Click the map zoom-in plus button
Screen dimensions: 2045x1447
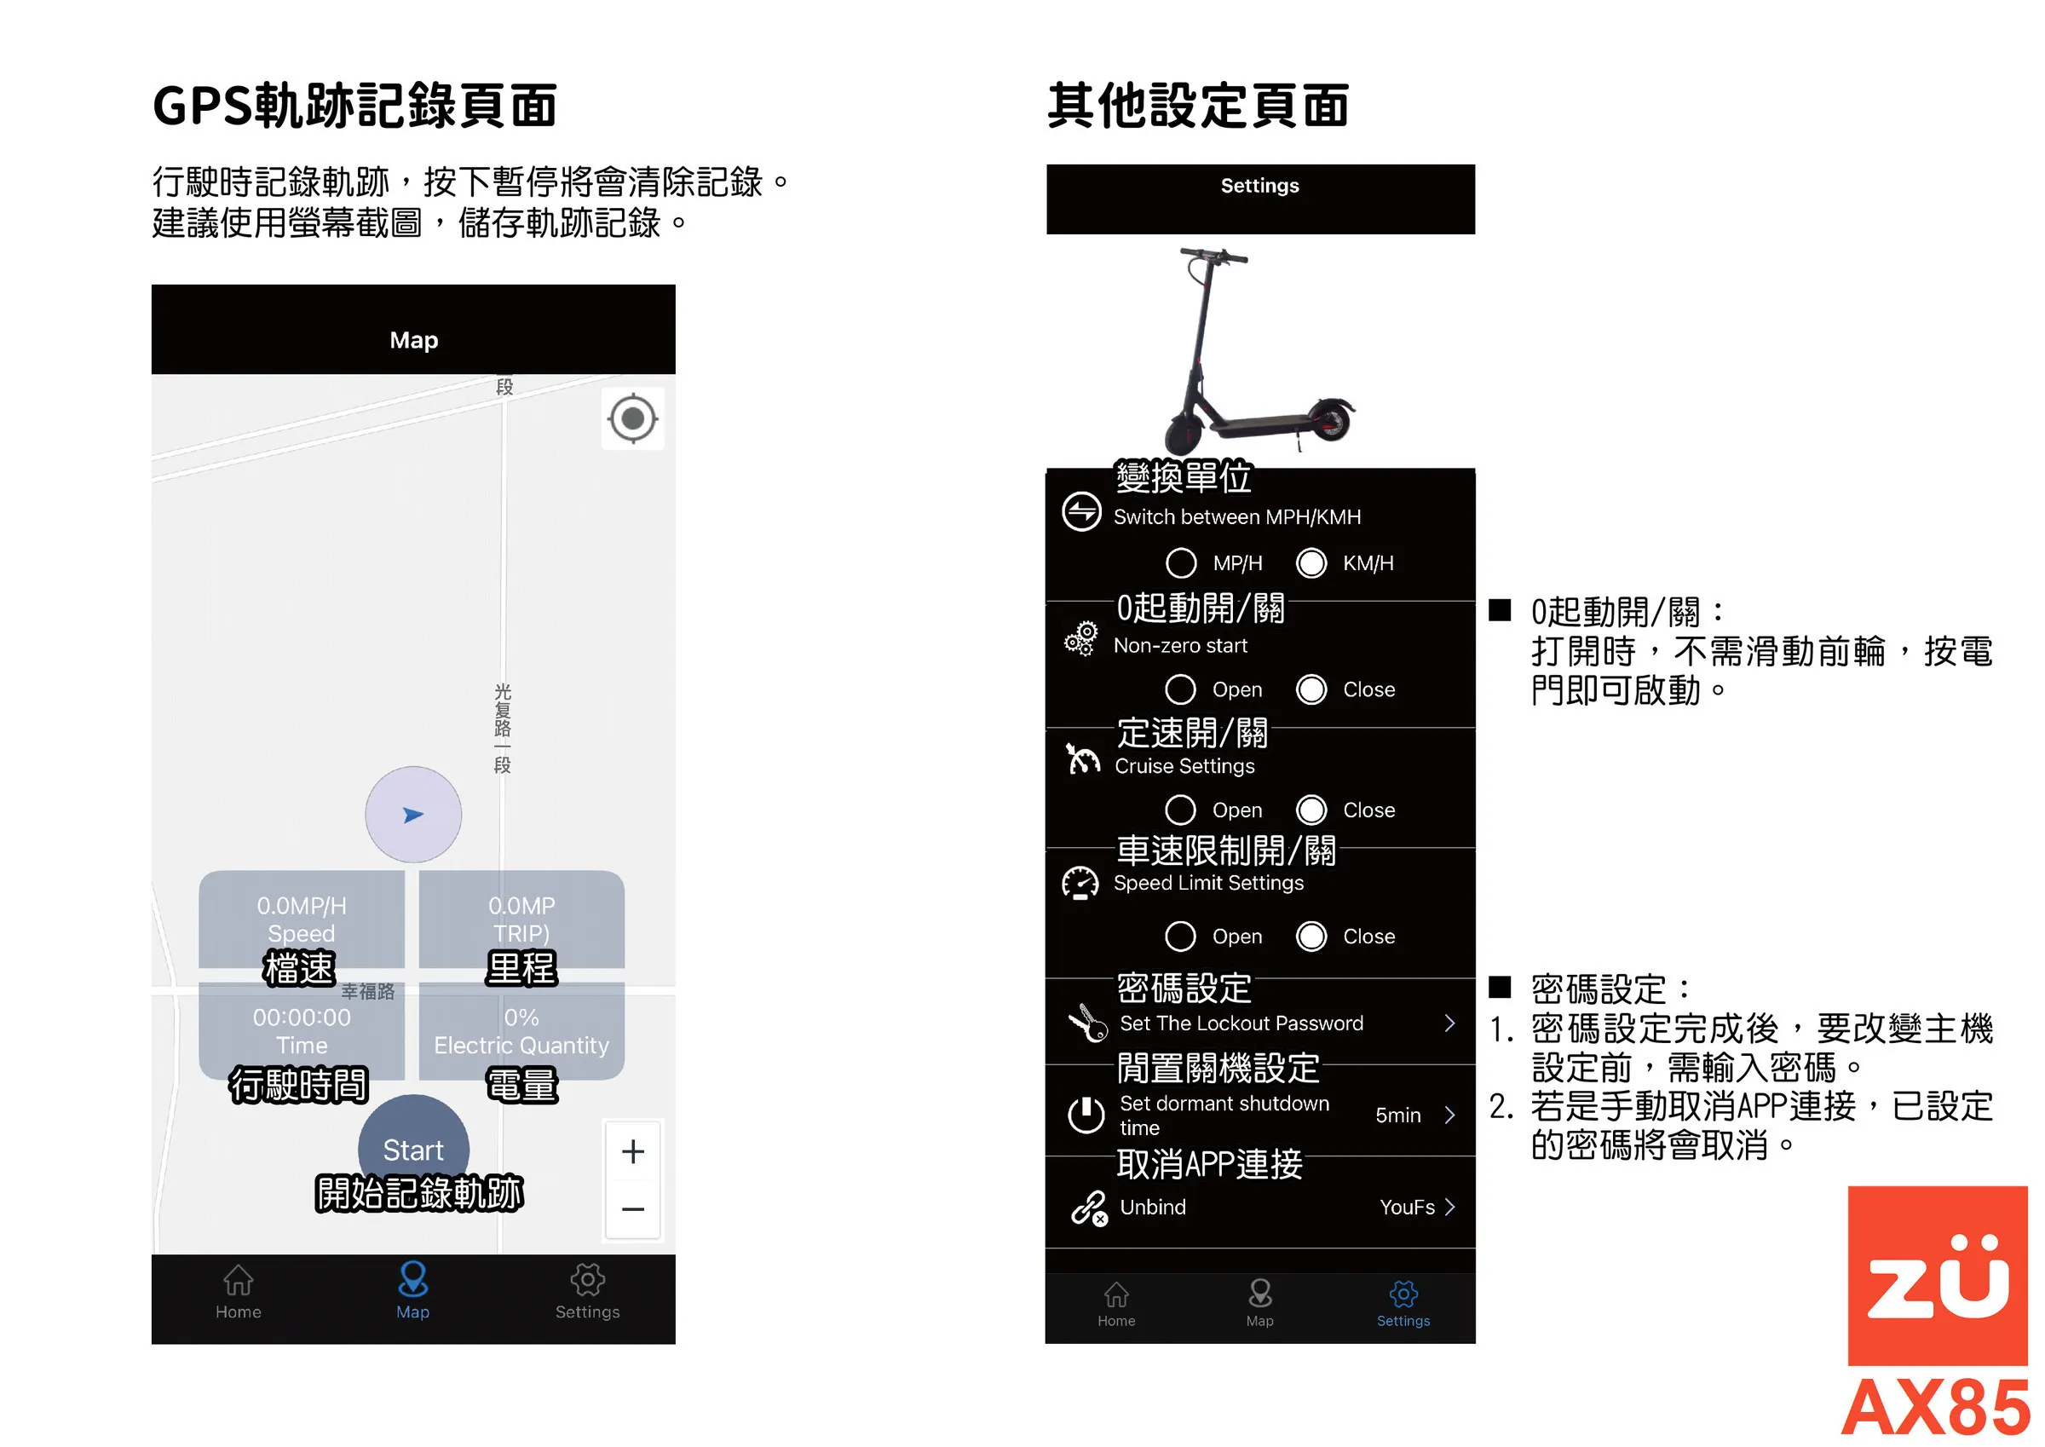point(632,1151)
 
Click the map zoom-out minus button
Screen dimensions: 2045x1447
point(632,1209)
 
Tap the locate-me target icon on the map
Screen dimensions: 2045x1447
point(632,418)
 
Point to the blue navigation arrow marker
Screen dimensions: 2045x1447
point(413,815)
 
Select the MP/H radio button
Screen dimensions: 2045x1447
point(1181,563)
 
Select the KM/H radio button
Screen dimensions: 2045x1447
point(1311,563)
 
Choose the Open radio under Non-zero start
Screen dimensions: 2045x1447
point(1181,689)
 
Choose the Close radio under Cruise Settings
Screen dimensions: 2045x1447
point(1311,810)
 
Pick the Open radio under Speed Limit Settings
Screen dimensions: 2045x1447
point(1181,937)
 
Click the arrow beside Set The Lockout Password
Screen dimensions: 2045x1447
point(1450,1023)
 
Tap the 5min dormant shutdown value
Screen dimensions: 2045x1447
point(1397,1115)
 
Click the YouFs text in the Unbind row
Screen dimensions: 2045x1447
point(1408,1208)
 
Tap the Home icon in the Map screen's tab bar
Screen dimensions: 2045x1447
point(238,1280)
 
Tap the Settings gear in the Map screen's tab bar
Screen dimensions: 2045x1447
point(588,1280)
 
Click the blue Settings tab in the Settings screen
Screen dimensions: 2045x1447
point(1403,1305)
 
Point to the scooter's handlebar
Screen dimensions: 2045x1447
point(1213,256)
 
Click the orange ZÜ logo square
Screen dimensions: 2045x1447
point(1938,1275)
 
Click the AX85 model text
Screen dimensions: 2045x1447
point(1935,1408)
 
